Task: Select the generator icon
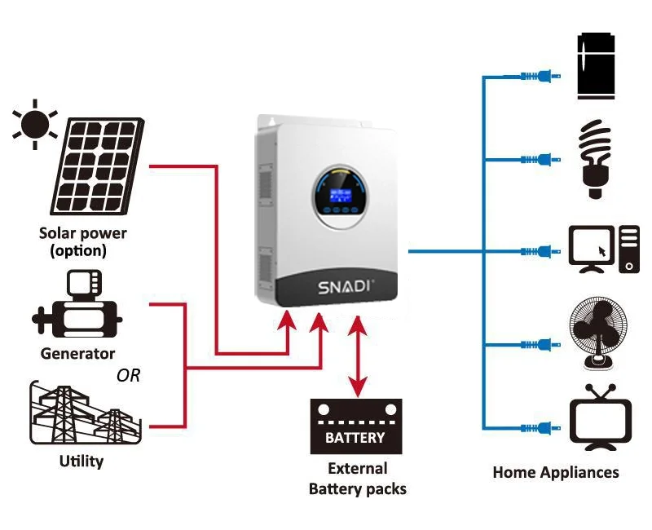77,307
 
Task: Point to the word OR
128,376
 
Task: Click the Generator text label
77,354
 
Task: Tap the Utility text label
81,462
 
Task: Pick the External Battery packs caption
357,479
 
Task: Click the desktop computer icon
604,249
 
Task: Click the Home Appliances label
556,472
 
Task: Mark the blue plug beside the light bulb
538,158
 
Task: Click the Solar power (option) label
83,242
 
